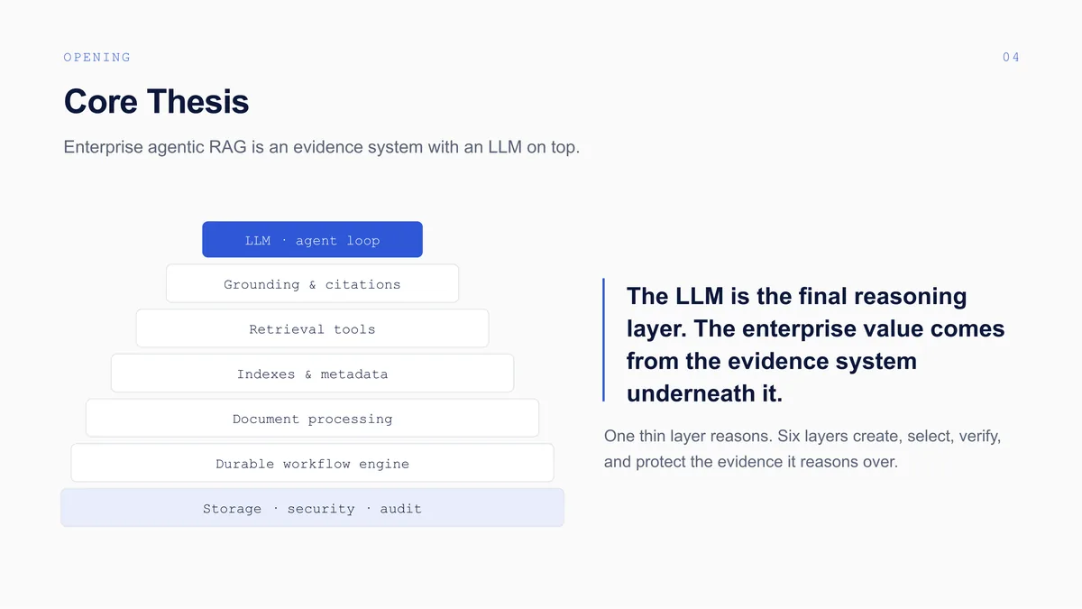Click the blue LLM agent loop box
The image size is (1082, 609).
(x=312, y=239)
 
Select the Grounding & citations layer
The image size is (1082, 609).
(x=312, y=283)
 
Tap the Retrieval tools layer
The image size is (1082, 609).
(x=312, y=328)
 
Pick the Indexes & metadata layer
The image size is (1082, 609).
(x=312, y=374)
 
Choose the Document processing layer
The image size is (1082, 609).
(x=312, y=419)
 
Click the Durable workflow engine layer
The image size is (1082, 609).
(x=312, y=464)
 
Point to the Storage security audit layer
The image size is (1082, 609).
(x=312, y=507)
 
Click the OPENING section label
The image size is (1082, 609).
(x=97, y=58)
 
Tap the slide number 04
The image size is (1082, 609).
(x=1011, y=58)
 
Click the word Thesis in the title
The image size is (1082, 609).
(x=198, y=102)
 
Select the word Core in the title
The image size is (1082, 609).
(x=100, y=102)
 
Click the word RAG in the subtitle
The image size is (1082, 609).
(x=227, y=147)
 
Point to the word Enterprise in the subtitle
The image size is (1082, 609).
(x=104, y=147)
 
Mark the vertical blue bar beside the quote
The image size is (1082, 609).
(x=603, y=340)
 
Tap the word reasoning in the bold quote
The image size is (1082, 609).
(x=911, y=297)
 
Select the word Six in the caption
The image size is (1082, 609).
(x=788, y=436)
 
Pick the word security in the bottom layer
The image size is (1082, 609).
(x=321, y=509)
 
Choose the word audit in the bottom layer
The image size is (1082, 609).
(x=400, y=509)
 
